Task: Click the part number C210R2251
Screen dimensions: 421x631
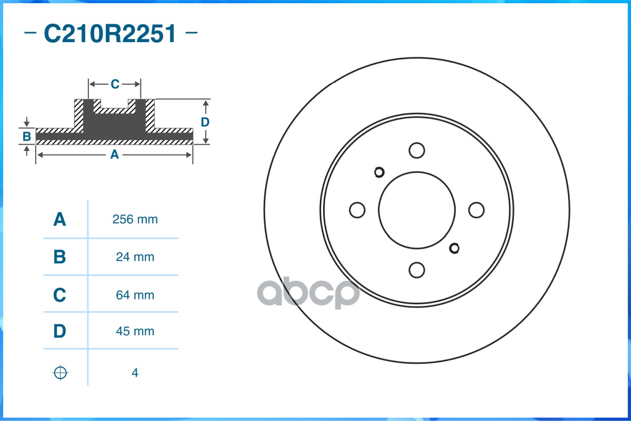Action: (111, 34)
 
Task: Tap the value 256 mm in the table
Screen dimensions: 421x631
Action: (135, 219)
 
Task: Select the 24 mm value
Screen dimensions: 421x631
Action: (135, 257)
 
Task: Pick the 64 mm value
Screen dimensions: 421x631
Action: (135, 295)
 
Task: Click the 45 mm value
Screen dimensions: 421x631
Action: (135, 331)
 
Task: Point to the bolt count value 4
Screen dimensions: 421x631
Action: (135, 373)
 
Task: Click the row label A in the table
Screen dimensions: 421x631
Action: (59, 219)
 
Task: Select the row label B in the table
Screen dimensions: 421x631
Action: (59, 257)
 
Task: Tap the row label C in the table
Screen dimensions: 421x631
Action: (59, 295)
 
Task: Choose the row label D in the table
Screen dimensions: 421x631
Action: (59, 331)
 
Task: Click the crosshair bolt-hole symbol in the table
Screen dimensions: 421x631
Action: (61, 373)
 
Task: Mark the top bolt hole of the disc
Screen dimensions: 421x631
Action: (417, 150)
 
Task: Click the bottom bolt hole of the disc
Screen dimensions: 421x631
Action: (417, 270)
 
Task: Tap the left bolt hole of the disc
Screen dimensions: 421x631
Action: (357, 210)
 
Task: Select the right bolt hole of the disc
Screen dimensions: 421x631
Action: (476, 210)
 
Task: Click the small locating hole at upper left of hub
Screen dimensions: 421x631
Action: (379, 172)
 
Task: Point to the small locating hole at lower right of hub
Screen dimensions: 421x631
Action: (455, 248)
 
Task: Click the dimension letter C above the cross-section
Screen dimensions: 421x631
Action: (115, 84)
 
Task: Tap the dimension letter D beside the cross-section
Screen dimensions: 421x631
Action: (205, 122)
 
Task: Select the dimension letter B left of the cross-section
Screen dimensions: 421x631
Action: (26, 137)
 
